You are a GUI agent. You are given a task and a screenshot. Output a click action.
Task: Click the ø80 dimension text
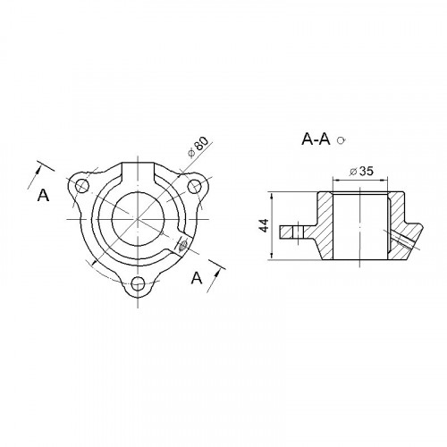click(198, 147)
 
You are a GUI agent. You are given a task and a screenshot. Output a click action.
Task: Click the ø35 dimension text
click(361, 172)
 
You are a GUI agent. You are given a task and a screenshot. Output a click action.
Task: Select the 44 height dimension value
click(264, 225)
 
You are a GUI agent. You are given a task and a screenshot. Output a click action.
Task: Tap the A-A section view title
click(316, 139)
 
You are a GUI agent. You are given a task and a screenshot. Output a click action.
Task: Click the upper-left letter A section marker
click(43, 196)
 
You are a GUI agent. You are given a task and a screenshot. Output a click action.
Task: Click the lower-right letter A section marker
click(197, 278)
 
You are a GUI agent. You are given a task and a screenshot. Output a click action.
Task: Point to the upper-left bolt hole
click(82, 186)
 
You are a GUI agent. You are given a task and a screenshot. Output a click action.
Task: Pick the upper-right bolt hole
click(195, 186)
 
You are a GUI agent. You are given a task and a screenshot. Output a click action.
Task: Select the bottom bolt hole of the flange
click(139, 283)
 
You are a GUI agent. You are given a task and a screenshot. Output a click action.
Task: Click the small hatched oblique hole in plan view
click(183, 246)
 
